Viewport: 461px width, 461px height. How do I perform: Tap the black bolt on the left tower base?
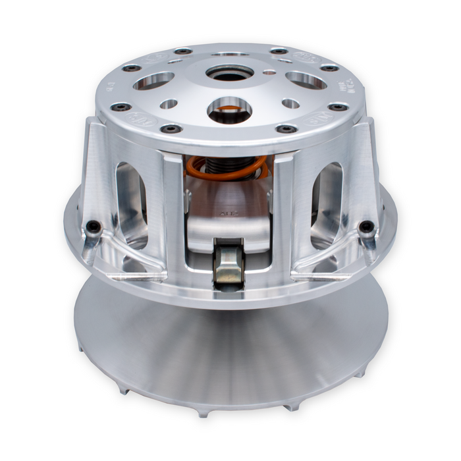pyautogui.click(x=94, y=227)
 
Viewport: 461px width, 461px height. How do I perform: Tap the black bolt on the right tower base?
pyautogui.click(x=366, y=227)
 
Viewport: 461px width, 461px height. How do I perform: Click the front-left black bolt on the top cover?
pyautogui.click(x=171, y=128)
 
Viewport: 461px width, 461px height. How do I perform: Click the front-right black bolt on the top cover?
pyautogui.click(x=286, y=128)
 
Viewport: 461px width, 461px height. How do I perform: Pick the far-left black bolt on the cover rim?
pyautogui.click(x=121, y=107)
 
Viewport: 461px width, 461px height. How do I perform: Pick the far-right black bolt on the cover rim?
pyautogui.click(x=339, y=107)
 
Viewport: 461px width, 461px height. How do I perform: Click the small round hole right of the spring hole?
pyautogui.click(x=290, y=103)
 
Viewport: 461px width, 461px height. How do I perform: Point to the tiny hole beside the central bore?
pyautogui.click(x=268, y=73)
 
